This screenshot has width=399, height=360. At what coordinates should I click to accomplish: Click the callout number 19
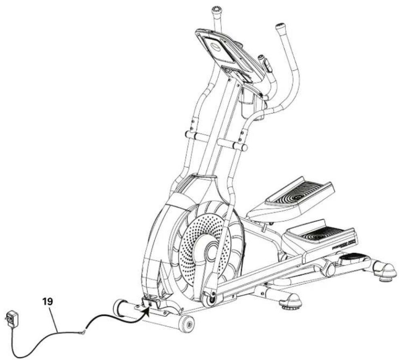[x=48, y=301]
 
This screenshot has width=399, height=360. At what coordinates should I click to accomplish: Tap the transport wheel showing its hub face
[x=187, y=323]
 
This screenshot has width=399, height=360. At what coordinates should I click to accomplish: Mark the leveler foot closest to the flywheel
[x=289, y=302]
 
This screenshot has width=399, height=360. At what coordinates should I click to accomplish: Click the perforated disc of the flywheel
[x=198, y=243]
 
